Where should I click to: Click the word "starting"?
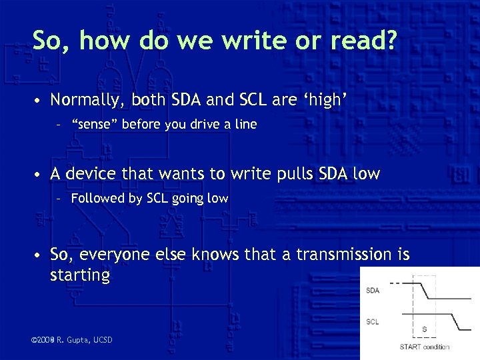coord(80,275)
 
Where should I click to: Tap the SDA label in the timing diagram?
coord(373,290)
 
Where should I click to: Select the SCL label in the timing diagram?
coord(373,322)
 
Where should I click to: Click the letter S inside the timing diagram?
coord(424,329)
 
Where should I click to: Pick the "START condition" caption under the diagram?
coord(424,347)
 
